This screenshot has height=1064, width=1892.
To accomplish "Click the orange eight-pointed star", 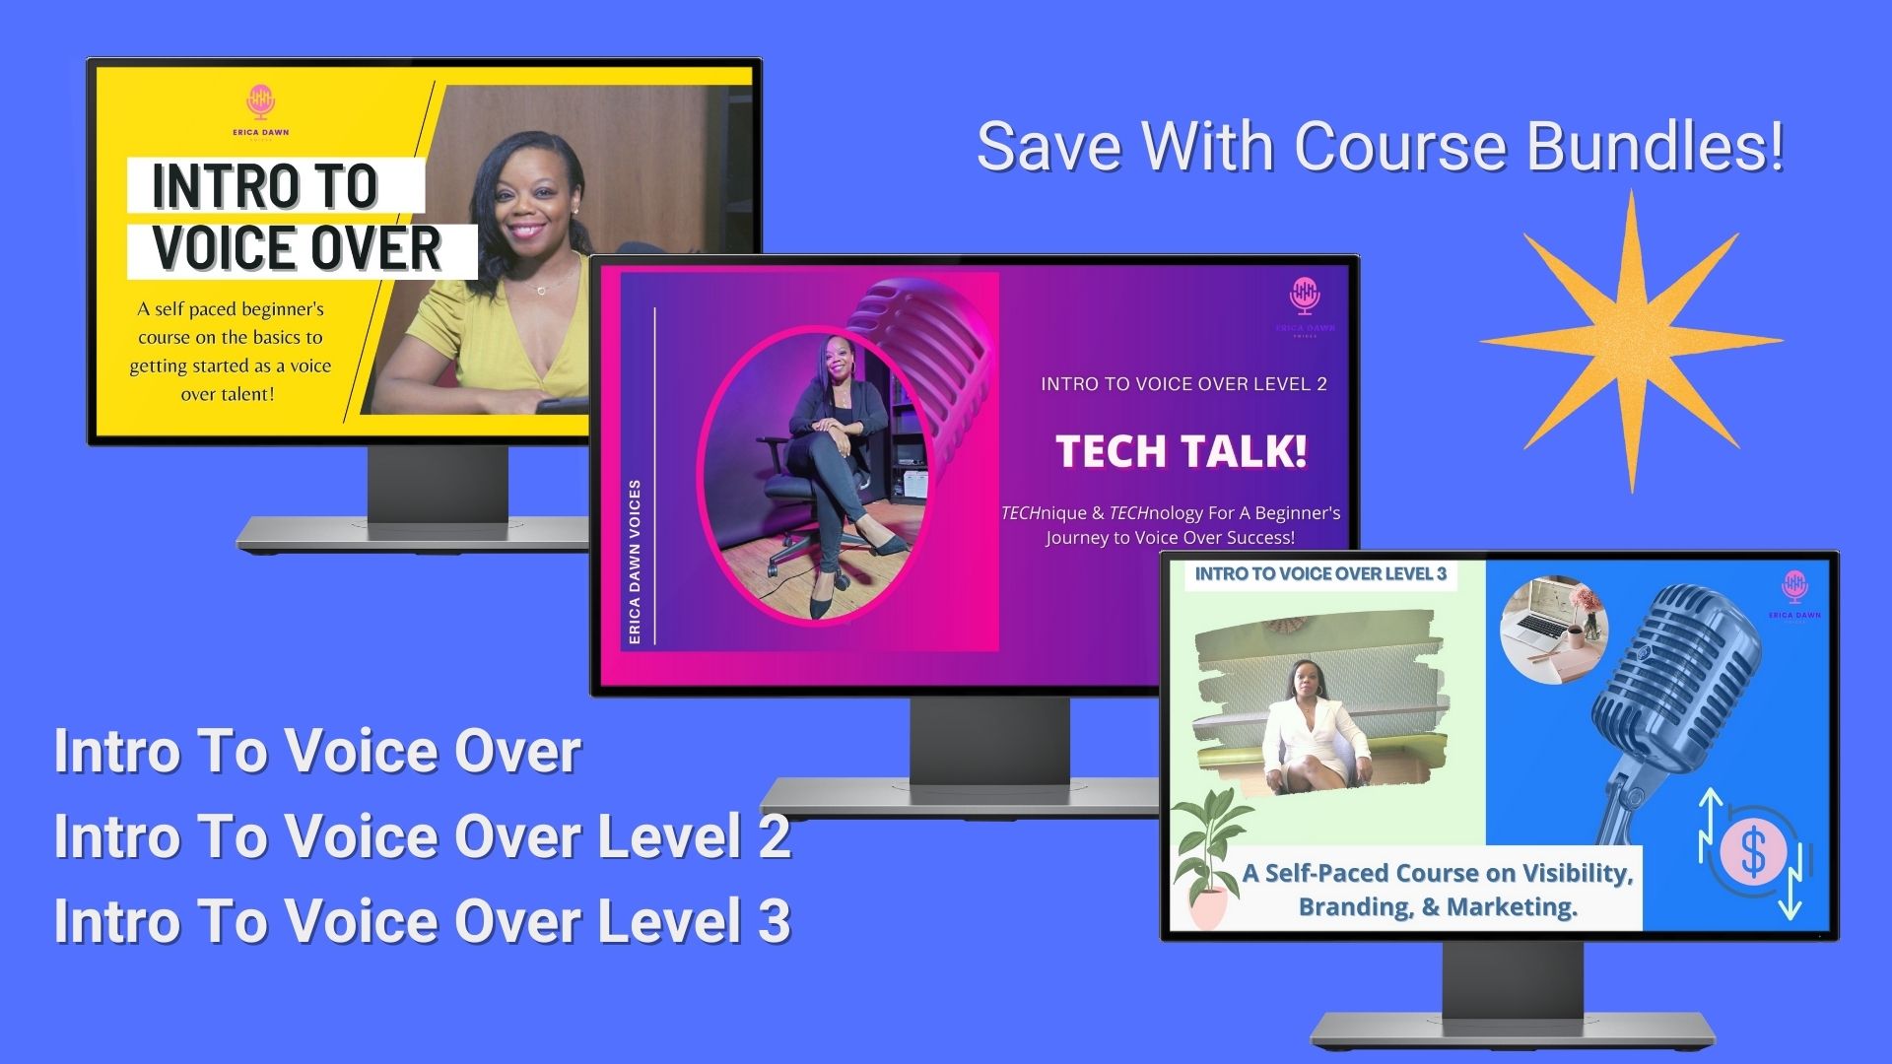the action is pyautogui.click(x=1631, y=341).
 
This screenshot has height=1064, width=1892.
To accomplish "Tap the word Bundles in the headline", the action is pyautogui.click(x=1655, y=146).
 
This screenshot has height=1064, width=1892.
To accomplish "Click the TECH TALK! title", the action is pyautogui.click(x=1182, y=451).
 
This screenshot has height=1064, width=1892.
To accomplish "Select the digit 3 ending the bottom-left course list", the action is pyautogui.click(x=775, y=920).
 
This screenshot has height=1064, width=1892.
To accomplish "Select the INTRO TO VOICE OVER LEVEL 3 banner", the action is pyautogui.click(x=1320, y=574).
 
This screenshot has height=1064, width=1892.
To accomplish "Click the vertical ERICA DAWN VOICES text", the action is pyautogui.click(x=635, y=562).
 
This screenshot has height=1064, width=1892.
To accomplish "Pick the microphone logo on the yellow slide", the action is pyautogui.click(x=261, y=100).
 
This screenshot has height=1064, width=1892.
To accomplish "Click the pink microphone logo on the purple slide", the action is pyautogui.click(x=1305, y=296).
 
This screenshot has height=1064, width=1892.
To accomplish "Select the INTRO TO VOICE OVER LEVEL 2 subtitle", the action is pyautogui.click(x=1184, y=384).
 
